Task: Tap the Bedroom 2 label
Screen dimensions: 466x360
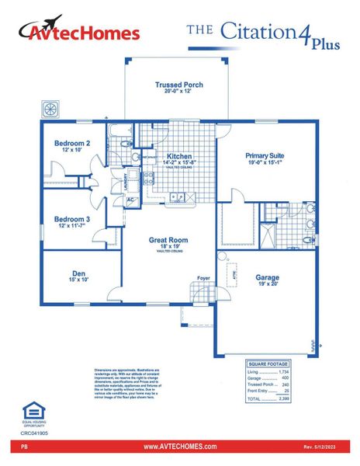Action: (x=71, y=144)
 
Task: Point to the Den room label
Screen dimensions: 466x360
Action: (x=78, y=273)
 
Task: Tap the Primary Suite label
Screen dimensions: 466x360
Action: (x=266, y=156)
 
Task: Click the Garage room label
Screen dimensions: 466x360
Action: (x=268, y=277)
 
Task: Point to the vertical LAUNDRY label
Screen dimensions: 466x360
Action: (x=125, y=183)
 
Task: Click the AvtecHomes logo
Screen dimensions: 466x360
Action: (x=79, y=32)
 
